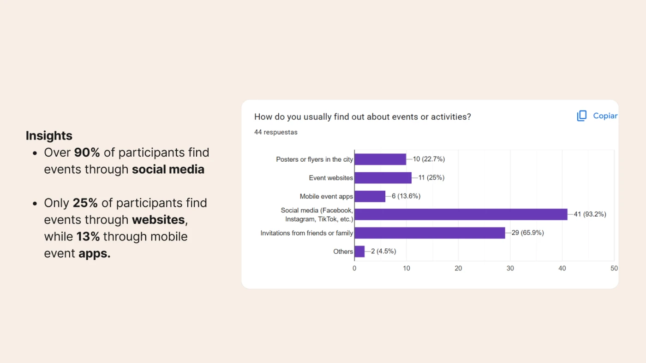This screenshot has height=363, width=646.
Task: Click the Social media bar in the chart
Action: tap(461, 214)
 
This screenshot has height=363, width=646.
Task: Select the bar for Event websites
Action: tap(383, 178)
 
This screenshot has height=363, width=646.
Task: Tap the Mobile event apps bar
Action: tap(370, 196)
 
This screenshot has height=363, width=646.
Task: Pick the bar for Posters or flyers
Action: tap(380, 159)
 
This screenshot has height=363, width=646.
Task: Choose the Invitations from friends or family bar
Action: tap(430, 233)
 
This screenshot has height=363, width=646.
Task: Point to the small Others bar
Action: tap(359, 252)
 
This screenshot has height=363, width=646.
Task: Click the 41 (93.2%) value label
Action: tap(590, 214)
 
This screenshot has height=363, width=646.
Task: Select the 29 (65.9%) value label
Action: tap(527, 233)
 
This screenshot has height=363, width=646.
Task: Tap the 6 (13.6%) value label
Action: tap(406, 196)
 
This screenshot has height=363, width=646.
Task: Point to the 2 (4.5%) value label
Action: tap(383, 252)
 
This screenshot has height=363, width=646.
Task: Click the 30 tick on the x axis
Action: tap(510, 269)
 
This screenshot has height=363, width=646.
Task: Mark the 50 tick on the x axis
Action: tap(614, 269)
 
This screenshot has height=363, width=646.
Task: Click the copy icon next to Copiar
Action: tap(581, 116)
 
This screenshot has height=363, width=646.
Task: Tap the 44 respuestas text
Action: tap(276, 132)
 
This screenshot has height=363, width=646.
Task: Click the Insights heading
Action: tap(49, 136)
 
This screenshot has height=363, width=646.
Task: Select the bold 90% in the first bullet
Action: tap(87, 152)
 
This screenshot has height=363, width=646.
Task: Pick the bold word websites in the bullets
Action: tap(158, 220)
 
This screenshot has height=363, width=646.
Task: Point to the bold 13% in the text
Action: tap(88, 237)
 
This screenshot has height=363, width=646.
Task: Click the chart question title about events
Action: tap(362, 117)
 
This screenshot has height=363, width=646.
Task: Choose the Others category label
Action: tap(343, 252)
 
